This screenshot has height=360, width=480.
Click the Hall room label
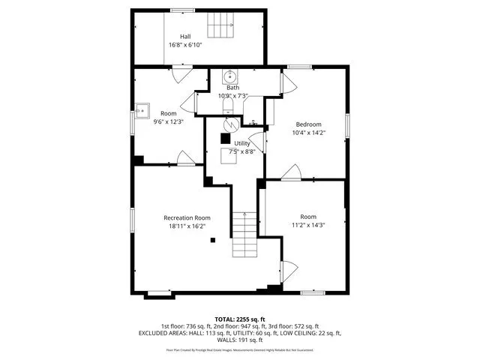185,36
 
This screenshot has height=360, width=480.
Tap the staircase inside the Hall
221,25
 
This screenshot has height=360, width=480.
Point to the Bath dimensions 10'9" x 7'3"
232,96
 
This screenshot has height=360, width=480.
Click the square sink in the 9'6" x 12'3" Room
142,111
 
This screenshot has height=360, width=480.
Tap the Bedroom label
308,124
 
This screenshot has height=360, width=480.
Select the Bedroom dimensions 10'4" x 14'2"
308,133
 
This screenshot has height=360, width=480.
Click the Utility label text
241,142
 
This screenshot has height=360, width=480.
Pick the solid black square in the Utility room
225,138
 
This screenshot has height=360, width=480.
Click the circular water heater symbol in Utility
232,124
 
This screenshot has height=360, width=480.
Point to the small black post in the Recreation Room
213,240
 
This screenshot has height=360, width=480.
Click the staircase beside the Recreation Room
243,234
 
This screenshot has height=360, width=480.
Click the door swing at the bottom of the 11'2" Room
286,270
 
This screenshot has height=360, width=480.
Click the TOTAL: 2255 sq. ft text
240,319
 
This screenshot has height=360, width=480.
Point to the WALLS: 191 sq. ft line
240,340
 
